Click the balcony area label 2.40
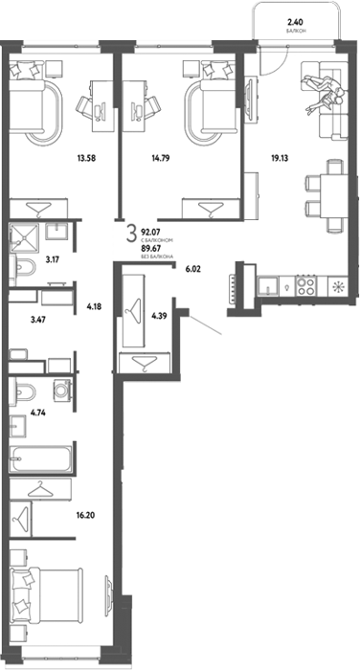296,22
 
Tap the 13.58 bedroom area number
86,158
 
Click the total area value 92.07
149,234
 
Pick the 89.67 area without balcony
149,250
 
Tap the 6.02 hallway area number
192,269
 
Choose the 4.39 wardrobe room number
159,316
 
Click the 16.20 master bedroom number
85,515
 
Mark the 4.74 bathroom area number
37,413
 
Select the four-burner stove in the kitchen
306,286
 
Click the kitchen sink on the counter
268,286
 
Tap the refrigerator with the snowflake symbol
338,286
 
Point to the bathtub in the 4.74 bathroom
41,459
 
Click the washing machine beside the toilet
62,391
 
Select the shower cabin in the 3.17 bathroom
24,236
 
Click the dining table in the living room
332,195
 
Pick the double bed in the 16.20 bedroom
46,594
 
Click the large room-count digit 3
132,235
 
